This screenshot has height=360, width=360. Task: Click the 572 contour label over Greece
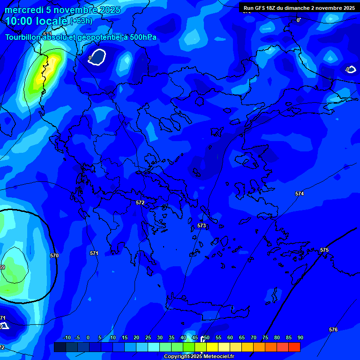coord(140,202)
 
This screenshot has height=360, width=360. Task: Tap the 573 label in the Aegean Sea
coord(202,225)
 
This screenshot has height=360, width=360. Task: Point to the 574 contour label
coord(300,194)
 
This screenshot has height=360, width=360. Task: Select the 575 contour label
coord(324,250)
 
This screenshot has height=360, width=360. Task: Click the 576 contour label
coord(333,330)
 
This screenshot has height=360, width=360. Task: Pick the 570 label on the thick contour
coord(54,255)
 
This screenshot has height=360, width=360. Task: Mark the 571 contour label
coord(94,253)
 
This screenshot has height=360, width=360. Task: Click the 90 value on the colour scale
coord(300,337)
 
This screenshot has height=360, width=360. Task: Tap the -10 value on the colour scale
coord(67,337)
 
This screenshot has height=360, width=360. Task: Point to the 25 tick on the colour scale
coord(148,337)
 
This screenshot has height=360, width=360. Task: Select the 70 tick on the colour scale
coord(254,337)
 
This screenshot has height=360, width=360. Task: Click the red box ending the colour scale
coord(294,347)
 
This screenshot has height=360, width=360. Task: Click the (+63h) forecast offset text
coord(81,21)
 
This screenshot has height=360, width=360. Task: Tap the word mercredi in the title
coord(23,10)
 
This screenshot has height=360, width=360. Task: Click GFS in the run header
coord(260,8)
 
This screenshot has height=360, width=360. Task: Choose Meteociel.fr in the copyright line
coord(216,357)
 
